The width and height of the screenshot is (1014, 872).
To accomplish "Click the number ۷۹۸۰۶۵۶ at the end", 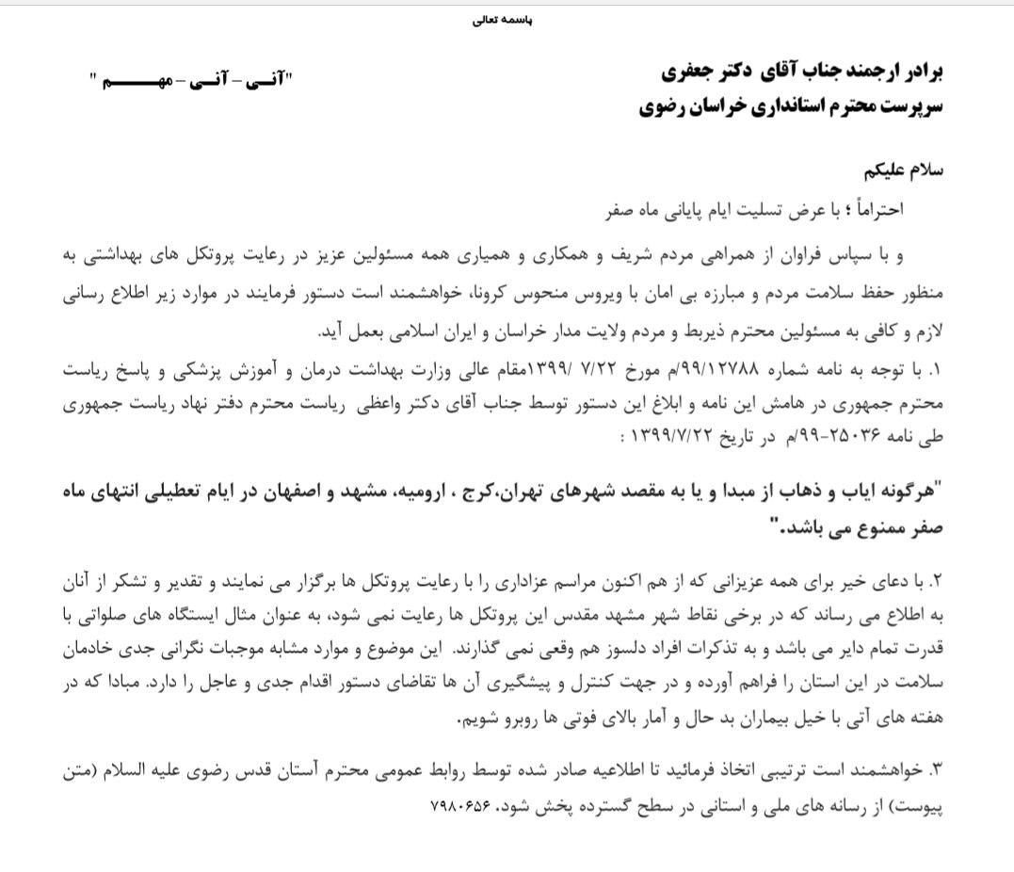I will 461,807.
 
